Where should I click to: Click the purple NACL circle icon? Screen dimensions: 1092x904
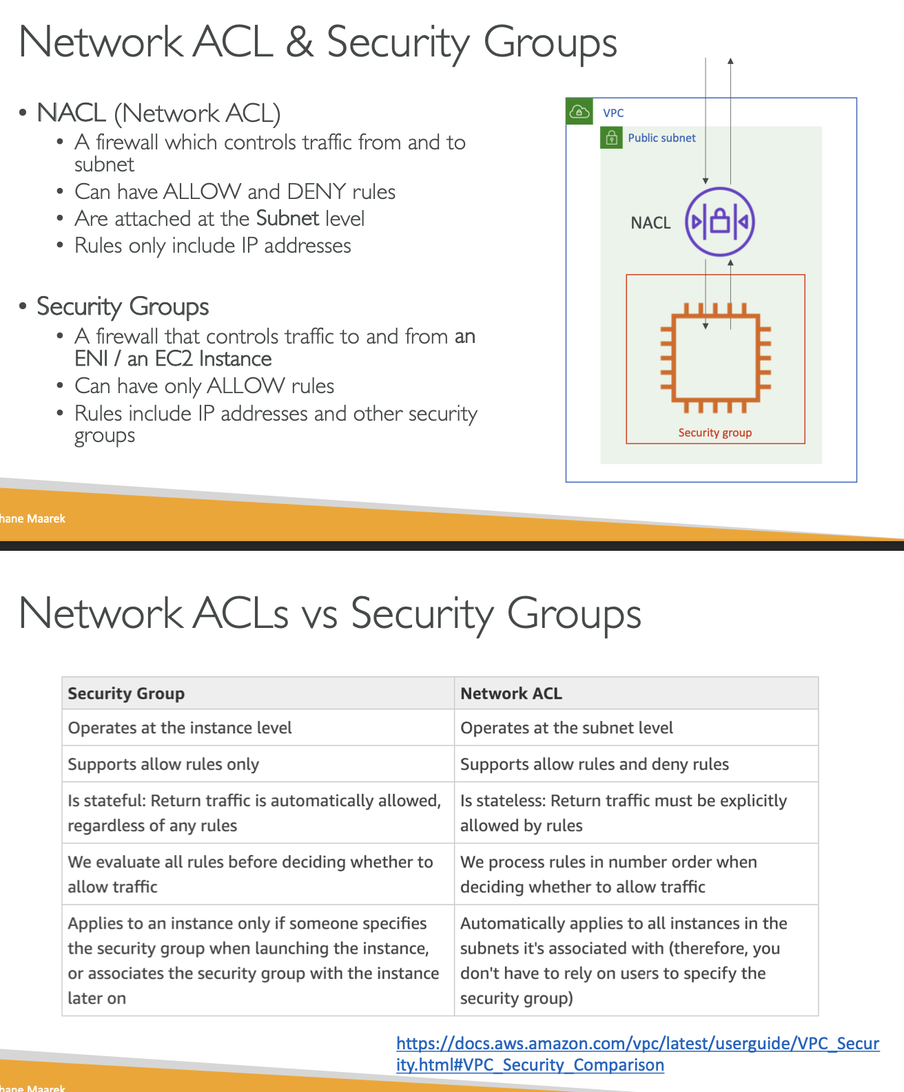(x=719, y=222)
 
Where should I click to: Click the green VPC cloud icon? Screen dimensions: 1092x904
(x=579, y=112)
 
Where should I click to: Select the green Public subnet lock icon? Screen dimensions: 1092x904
(x=611, y=138)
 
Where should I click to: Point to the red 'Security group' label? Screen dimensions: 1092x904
(x=715, y=432)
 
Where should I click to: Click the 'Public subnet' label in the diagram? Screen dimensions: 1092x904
(x=661, y=138)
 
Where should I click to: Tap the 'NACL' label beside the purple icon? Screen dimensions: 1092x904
(x=650, y=222)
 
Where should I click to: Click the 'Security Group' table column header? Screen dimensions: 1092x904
(x=126, y=693)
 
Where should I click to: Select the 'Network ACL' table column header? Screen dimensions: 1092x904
(x=511, y=693)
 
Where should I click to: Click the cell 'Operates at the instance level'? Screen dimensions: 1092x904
(x=180, y=728)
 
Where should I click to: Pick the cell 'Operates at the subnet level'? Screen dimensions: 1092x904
(x=566, y=728)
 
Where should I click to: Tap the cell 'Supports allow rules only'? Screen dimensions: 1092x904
(x=163, y=764)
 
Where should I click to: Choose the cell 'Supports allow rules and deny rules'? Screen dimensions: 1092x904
(x=594, y=764)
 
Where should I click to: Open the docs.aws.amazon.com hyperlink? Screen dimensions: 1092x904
(x=637, y=1053)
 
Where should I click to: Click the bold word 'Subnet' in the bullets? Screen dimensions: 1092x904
(x=287, y=218)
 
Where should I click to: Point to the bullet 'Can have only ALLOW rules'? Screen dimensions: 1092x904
(x=204, y=386)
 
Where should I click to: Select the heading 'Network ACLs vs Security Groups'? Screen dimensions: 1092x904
(x=330, y=613)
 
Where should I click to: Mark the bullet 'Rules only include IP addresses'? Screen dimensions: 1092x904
(x=212, y=246)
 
